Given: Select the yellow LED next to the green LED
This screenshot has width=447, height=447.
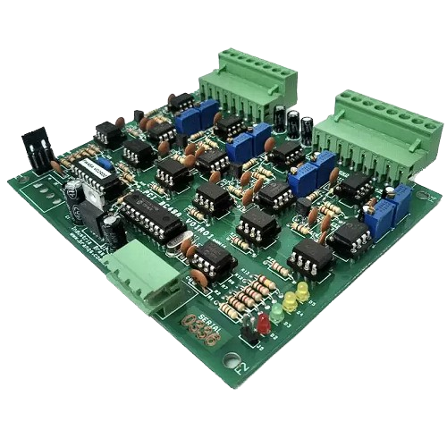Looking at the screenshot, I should coord(291,303).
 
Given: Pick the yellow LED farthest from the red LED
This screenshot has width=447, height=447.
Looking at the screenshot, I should coord(303,291).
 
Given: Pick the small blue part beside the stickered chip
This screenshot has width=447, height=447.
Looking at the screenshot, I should coord(105,164).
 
